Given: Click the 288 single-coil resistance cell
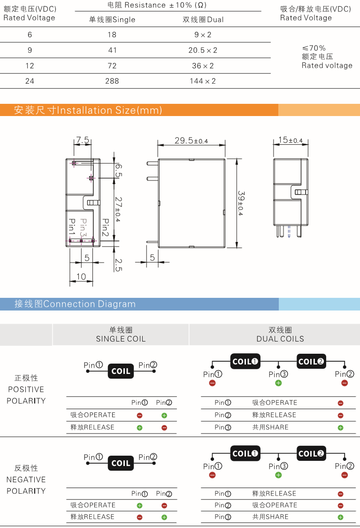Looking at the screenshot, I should point(112,81).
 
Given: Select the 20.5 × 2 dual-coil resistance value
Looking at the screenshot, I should point(203,50).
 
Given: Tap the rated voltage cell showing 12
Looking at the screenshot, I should point(30,66).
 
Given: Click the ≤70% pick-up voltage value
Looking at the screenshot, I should point(314,48).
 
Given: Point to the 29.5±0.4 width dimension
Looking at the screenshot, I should point(191,140).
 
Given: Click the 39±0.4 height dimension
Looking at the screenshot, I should point(241,203).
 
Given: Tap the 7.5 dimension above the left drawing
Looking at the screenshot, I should point(83,140).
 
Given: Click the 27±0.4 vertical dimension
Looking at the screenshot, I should point(118,209).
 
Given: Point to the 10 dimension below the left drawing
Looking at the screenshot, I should point(81,277).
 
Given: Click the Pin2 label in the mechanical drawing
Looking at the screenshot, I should point(106,227).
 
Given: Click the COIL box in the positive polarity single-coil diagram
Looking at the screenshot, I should point(121,371).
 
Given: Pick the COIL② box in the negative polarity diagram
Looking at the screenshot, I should point(311,453).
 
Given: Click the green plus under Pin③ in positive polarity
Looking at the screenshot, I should point(278,383).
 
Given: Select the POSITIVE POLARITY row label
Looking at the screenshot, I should point(26,389).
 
